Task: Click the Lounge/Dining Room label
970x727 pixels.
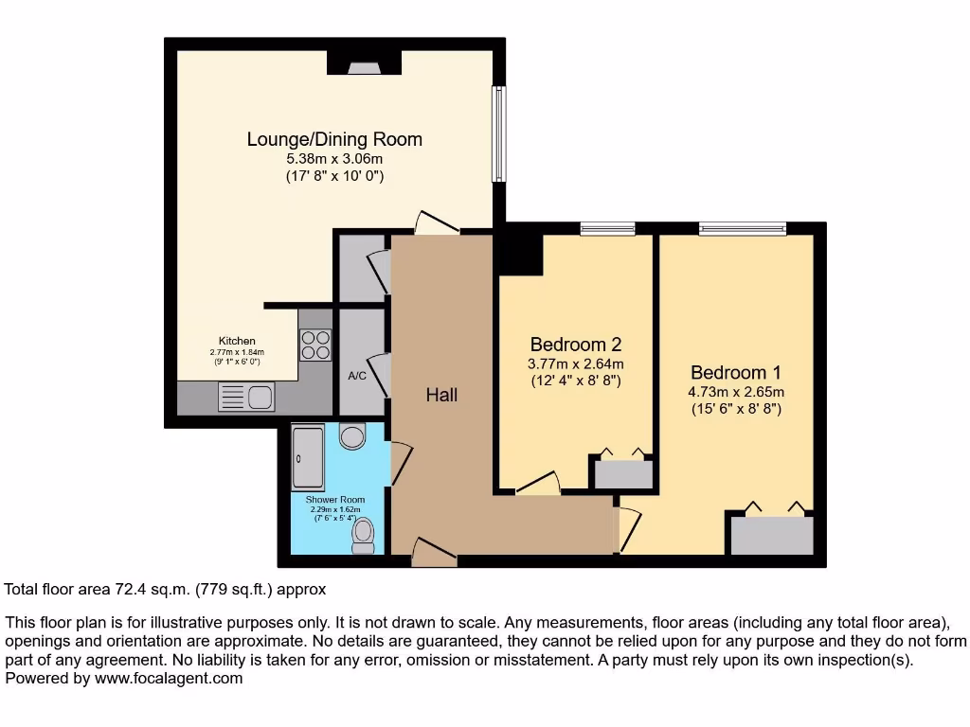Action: point(334,139)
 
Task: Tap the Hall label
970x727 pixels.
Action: point(441,394)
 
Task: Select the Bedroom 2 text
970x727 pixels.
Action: point(575,344)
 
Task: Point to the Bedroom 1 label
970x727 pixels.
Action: point(736,372)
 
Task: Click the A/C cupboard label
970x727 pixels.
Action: point(357,376)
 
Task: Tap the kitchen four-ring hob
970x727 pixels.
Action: point(316,345)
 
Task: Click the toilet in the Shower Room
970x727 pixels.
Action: point(363,537)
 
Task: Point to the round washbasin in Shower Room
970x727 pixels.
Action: point(352,436)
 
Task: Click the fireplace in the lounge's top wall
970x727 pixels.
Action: point(364,64)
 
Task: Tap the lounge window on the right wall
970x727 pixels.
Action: point(497,133)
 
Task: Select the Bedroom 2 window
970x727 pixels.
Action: point(607,227)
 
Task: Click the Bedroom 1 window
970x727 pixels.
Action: point(743,227)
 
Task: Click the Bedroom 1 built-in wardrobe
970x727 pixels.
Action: point(772,535)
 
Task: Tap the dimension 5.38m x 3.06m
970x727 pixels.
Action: point(334,159)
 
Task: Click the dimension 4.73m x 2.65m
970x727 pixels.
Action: point(736,392)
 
